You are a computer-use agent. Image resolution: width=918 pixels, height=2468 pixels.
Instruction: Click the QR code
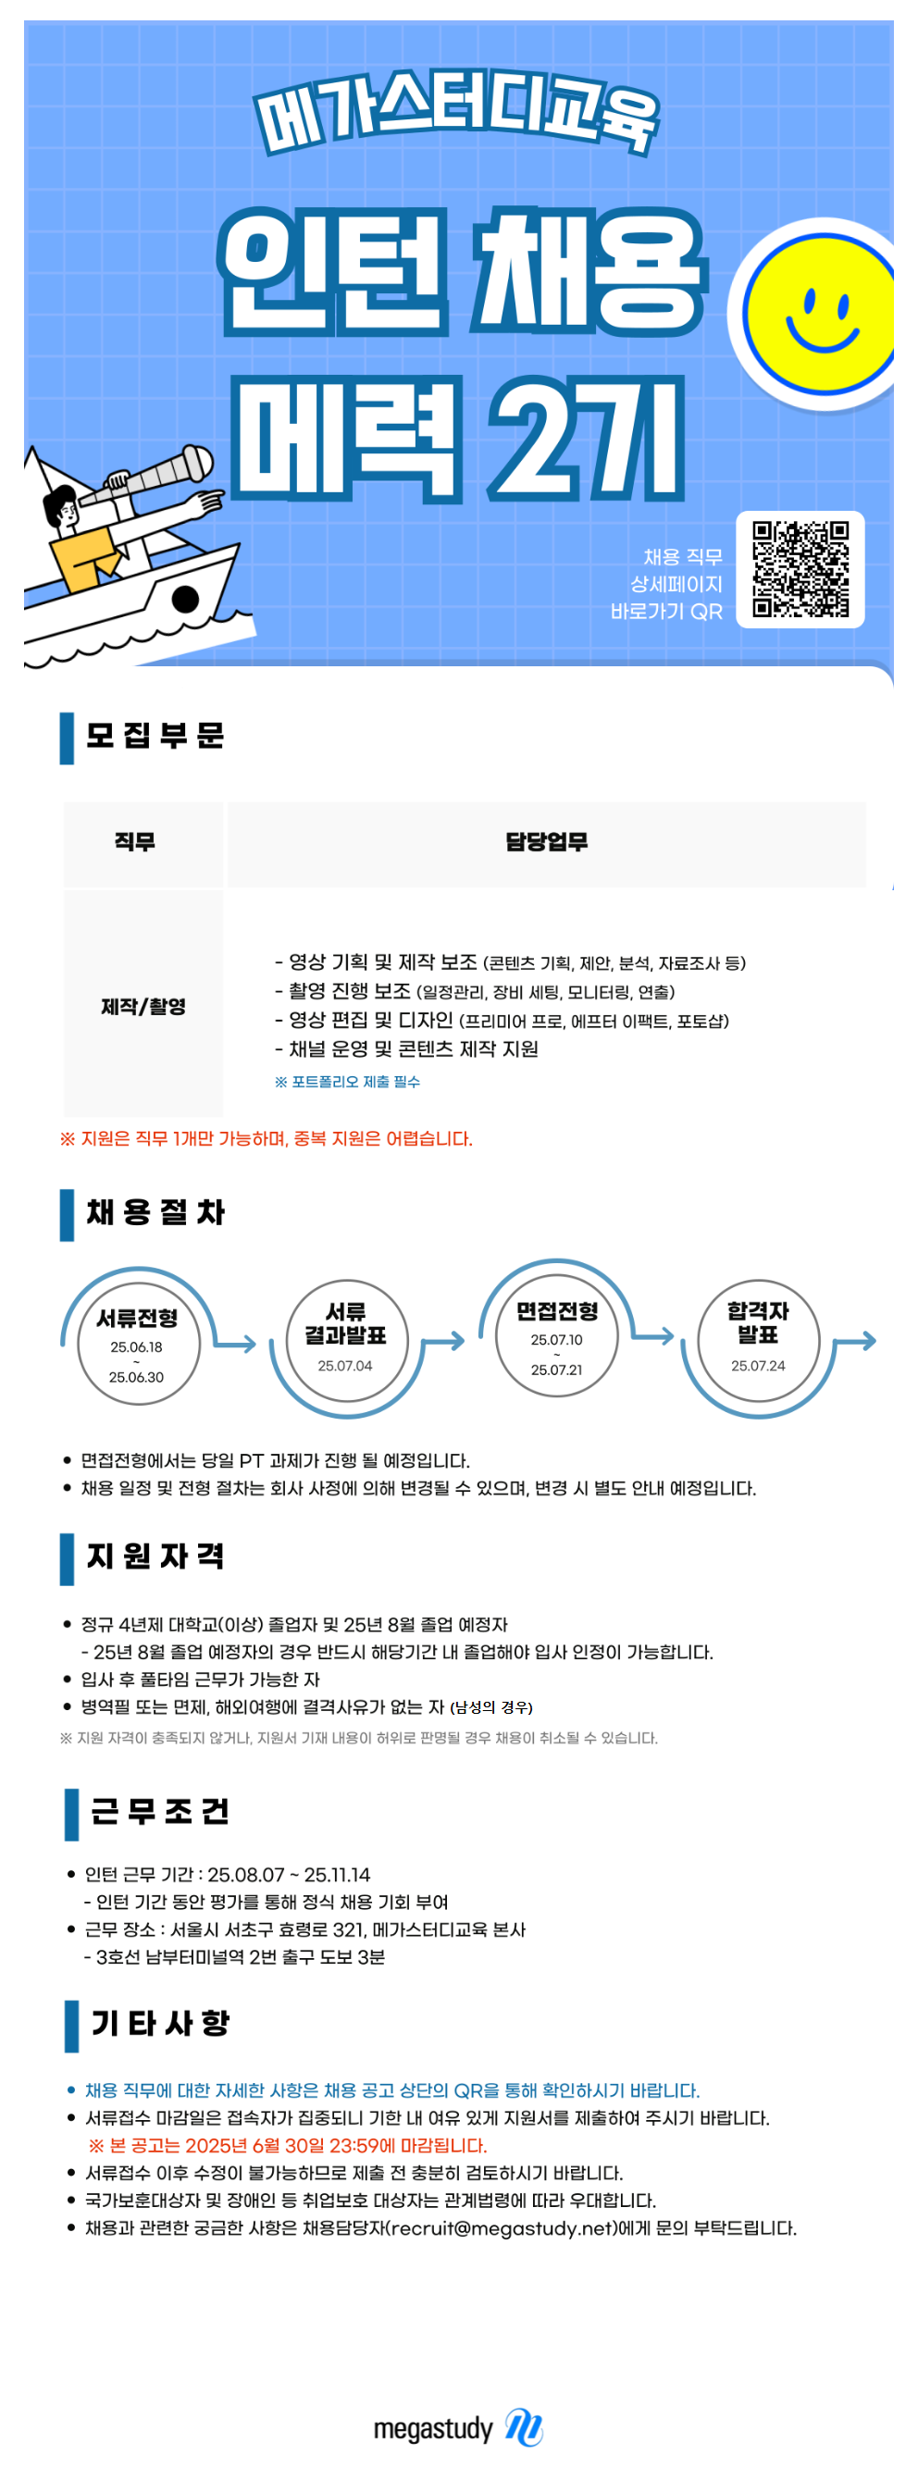tap(800, 569)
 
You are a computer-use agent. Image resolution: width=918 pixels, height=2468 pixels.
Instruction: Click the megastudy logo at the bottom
tap(458, 2426)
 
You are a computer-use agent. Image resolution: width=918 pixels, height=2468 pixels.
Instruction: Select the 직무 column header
tap(134, 842)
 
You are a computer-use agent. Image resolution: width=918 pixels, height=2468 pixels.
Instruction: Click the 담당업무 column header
tap(546, 842)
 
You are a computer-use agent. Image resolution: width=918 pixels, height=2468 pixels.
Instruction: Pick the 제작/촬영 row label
tap(143, 1006)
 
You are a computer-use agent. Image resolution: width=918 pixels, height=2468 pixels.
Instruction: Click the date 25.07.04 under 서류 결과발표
tap(345, 1365)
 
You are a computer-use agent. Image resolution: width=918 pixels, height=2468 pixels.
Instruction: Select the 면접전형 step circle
tap(557, 1335)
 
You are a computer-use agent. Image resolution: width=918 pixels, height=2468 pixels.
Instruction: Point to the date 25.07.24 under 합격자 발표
tap(758, 1365)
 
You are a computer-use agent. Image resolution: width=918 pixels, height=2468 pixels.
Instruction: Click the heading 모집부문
tap(155, 736)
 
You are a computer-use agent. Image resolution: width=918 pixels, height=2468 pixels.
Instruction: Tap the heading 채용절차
tap(155, 1213)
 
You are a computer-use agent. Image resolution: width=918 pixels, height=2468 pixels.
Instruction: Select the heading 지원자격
tap(155, 1556)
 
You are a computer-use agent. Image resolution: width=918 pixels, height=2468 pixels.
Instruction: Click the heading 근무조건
tap(159, 1812)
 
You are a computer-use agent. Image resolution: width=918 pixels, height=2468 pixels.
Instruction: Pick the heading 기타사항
tap(159, 2024)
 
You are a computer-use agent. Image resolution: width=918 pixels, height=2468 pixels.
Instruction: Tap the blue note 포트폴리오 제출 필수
tap(347, 1082)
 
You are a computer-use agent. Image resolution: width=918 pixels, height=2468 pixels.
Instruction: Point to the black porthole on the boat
tap(185, 600)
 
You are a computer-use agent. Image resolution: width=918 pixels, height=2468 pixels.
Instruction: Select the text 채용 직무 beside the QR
tap(682, 557)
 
